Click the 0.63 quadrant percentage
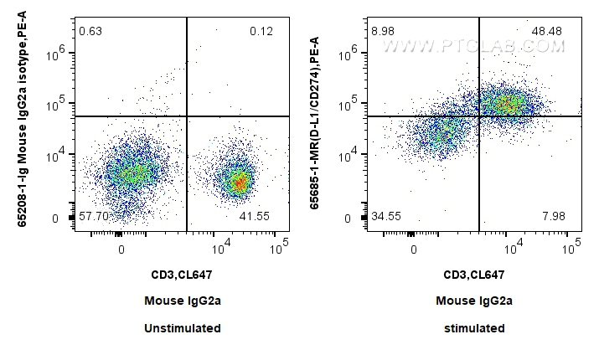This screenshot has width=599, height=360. pos(90,32)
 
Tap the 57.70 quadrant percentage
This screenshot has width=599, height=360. pos(95,216)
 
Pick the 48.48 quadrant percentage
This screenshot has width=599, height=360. pos(549,32)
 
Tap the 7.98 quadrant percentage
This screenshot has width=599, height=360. pos(554,216)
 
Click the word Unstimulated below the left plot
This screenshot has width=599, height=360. pos(182,328)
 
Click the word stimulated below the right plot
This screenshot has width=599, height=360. pos(474,328)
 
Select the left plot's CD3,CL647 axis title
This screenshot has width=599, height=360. pos(182,274)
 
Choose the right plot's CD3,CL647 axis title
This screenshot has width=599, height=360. pos(474,274)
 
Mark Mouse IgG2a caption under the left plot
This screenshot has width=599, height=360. pos(182,301)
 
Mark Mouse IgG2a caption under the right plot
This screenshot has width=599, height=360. pos(474,301)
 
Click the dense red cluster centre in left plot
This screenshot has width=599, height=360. pos(240,182)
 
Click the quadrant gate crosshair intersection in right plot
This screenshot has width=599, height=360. pos(479,116)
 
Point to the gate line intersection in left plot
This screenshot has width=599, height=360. pos(186,116)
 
